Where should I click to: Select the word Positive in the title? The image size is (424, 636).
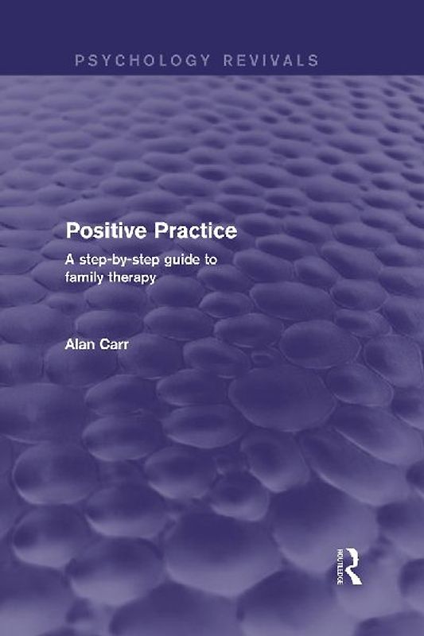(x=100, y=231)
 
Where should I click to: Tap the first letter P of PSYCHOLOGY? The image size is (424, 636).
(x=80, y=60)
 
